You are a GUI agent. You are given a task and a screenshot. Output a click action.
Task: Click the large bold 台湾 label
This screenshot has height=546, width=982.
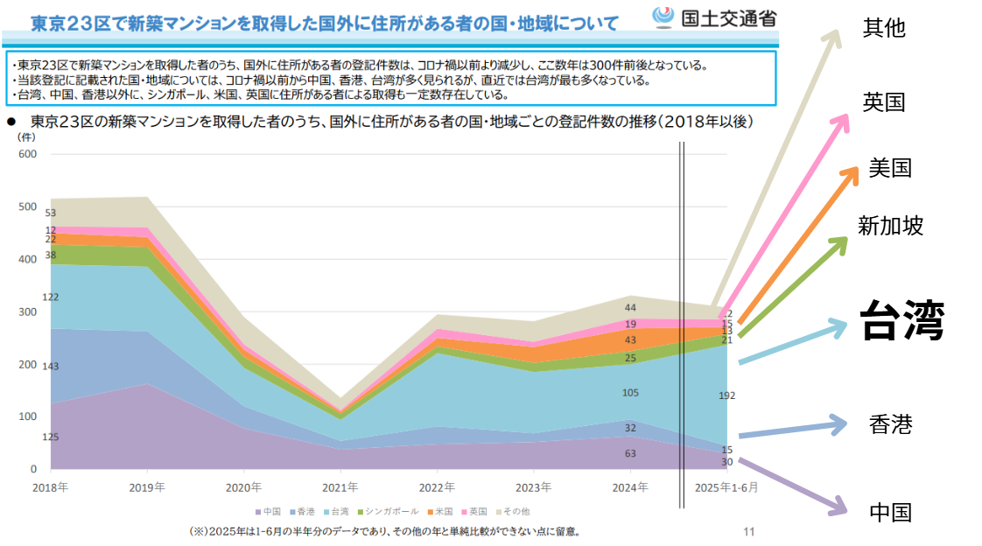click(x=901, y=320)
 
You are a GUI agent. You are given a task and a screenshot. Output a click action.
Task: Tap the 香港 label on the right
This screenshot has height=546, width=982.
click(x=890, y=425)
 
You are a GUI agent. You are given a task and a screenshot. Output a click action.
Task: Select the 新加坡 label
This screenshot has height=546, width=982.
click(x=890, y=227)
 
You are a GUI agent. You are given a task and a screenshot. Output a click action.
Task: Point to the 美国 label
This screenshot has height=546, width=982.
click(x=890, y=168)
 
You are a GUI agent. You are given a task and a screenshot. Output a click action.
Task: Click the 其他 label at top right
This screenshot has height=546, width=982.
click(x=883, y=28)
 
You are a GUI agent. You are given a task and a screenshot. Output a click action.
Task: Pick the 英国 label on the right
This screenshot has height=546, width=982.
click(x=883, y=102)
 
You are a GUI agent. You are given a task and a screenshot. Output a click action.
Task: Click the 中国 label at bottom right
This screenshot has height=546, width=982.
click(x=890, y=512)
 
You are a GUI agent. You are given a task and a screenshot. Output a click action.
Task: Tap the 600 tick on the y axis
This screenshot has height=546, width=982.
click(x=27, y=155)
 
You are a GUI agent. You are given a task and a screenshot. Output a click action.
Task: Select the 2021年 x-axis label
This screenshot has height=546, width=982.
click(x=340, y=486)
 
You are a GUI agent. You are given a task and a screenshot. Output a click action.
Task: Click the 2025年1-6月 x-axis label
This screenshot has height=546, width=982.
click(x=726, y=486)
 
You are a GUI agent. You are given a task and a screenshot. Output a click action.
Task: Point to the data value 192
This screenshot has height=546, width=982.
click(x=726, y=395)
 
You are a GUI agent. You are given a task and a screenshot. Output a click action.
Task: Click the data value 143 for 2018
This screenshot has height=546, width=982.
click(x=51, y=367)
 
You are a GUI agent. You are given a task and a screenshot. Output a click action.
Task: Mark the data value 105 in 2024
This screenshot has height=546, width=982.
click(x=630, y=393)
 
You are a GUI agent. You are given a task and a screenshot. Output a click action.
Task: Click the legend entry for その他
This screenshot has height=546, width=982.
click(x=512, y=511)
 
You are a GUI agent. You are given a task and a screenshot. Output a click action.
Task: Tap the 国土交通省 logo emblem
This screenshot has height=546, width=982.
click(x=663, y=17)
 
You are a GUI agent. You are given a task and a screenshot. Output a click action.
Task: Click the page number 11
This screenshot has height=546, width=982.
click(x=748, y=530)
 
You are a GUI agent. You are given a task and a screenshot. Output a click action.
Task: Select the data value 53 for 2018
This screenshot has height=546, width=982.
click(x=51, y=213)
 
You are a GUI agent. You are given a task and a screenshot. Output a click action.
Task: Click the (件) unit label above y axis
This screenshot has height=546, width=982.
click(x=25, y=137)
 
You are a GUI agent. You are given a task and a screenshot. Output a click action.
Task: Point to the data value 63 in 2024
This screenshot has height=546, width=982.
click(x=630, y=453)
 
